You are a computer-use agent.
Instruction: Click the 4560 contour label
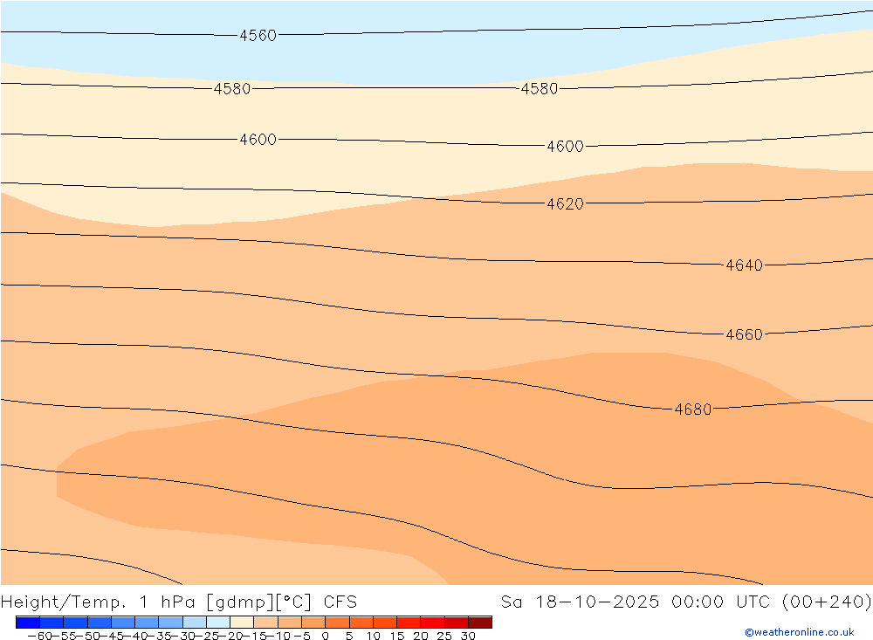tap(258, 36)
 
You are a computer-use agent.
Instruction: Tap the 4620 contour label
tap(565, 204)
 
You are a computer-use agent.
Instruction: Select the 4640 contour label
tap(744, 265)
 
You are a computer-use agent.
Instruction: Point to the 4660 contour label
tap(744, 334)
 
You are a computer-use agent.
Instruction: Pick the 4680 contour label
tap(693, 409)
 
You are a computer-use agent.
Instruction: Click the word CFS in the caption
tap(340, 602)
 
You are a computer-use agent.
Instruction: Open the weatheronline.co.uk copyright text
tap(799, 632)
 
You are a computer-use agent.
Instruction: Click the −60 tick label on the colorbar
tap(38, 637)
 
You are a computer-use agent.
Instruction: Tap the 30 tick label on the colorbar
tap(468, 637)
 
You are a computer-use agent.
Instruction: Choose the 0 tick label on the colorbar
tap(326, 637)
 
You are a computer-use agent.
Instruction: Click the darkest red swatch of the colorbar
tap(480, 623)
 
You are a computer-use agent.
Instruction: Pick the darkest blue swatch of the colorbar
tap(27, 623)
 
